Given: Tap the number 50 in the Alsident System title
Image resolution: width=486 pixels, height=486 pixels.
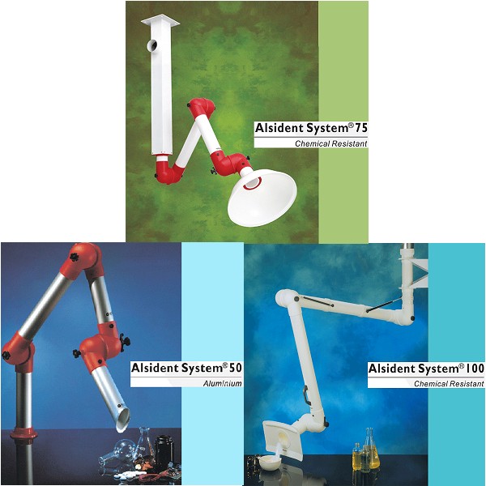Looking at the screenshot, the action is [235, 368].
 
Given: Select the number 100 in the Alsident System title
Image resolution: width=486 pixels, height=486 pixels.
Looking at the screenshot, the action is [475, 369].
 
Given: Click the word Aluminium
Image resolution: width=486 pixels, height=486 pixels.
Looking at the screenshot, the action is [222, 383].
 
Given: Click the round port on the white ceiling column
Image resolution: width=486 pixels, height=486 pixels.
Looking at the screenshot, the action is [152, 46].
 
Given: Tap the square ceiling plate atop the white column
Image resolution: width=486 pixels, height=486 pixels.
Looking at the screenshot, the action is [160, 20].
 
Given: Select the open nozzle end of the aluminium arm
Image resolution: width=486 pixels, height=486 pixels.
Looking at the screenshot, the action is [123, 420].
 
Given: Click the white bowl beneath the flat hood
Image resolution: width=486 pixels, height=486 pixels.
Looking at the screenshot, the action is [270, 462].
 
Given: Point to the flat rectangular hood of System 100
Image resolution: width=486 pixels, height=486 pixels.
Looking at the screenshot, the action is [281, 440].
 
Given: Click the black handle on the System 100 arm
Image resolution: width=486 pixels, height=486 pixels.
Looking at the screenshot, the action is [306, 395].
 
